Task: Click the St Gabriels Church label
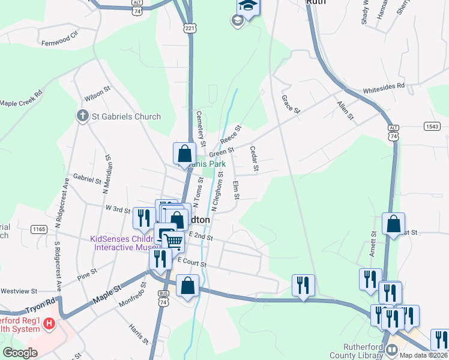[126, 116]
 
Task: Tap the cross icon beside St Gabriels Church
[83, 116]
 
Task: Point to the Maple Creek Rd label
[22, 98]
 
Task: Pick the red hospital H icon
[50, 324]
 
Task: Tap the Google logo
[20, 353]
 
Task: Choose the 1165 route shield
[40, 229]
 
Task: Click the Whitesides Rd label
[384, 88]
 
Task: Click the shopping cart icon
[173, 241]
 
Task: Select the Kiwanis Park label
[207, 163]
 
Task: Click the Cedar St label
[254, 158]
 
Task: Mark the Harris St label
[138, 334]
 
